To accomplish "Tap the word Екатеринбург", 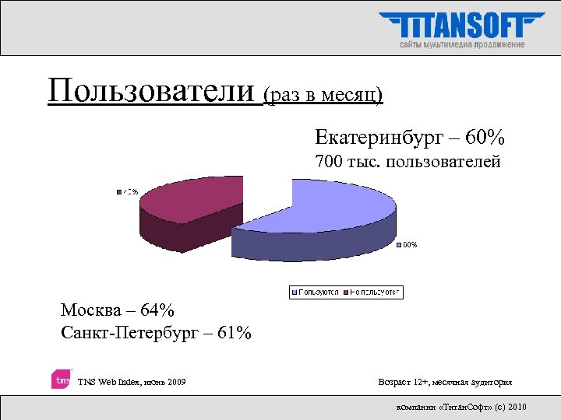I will coord(376,138).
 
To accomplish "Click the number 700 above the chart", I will coord(329,163).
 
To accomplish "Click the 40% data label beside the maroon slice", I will coord(128,191).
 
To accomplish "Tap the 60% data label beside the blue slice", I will coord(409,244).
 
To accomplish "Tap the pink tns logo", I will coord(62,380).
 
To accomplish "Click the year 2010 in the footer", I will coord(516,407).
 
